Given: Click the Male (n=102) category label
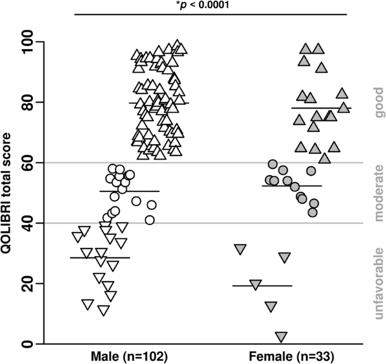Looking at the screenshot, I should (x=130, y=357).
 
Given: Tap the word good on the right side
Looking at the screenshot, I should (x=379, y=102).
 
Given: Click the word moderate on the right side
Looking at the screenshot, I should (x=379, y=193).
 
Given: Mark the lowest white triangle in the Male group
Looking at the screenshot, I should (x=103, y=310).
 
